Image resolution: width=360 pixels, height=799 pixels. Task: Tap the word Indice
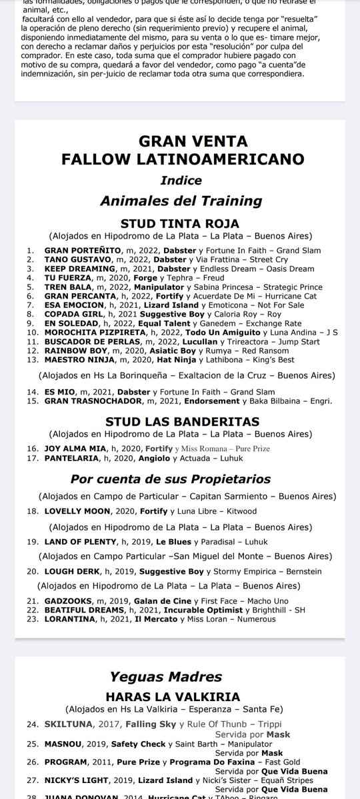(179, 181)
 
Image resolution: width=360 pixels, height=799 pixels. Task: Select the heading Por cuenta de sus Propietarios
(179, 480)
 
